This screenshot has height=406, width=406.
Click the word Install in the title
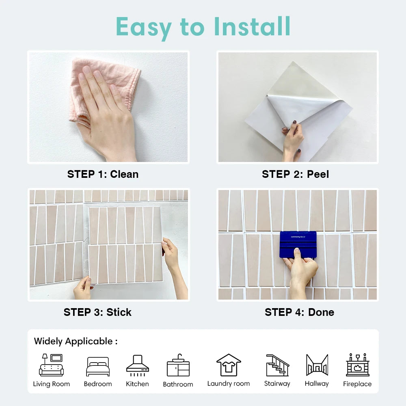(252, 26)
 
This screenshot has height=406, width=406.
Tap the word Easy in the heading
(144, 28)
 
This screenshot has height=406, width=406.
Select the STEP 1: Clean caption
(103, 174)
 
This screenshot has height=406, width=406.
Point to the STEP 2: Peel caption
(296, 174)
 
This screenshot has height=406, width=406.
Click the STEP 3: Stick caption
(97, 312)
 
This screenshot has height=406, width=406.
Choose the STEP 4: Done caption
(299, 312)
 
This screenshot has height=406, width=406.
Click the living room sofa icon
(51, 365)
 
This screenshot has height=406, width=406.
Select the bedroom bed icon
(98, 367)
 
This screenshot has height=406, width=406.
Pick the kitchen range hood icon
(138, 365)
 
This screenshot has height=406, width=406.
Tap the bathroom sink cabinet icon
(178, 365)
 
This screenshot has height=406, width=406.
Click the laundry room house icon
(229, 365)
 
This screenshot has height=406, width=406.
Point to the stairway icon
(277, 365)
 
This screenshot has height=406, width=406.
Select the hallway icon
(317, 365)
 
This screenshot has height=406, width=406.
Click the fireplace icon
(358, 365)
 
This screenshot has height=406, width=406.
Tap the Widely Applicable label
(76, 341)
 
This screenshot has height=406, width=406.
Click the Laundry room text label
(229, 384)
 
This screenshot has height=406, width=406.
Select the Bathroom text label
(178, 384)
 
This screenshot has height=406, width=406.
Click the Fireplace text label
(357, 384)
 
